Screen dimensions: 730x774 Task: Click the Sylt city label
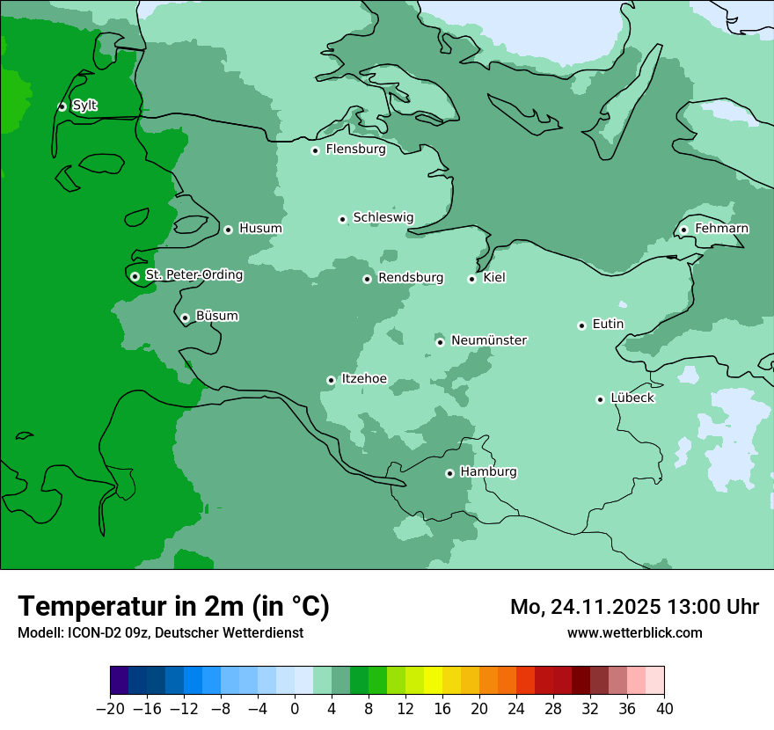(84, 106)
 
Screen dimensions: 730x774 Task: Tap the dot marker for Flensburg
(315, 150)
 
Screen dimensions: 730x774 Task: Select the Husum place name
(260, 229)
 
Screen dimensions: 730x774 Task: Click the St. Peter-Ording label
(193, 275)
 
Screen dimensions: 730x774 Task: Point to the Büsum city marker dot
(185, 318)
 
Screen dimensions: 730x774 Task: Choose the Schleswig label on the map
(383, 217)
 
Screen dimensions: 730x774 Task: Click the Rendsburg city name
(411, 278)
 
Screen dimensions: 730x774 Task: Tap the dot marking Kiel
(471, 279)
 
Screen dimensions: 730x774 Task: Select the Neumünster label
(489, 340)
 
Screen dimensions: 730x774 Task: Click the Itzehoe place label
(363, 378)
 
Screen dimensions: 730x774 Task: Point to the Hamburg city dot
(449, 473)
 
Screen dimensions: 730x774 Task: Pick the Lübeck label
(632, 398)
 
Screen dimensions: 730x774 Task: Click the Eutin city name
(608, 324)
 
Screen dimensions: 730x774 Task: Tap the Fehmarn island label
(721, 229)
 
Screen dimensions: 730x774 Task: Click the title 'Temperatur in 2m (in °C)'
(174, 606)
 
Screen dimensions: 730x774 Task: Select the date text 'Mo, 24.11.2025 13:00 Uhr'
(634, 607)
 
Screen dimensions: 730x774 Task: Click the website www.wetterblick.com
(634, 632)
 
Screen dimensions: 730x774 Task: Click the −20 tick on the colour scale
(111, 709)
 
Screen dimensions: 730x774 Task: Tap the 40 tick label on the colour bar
(664, 709)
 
